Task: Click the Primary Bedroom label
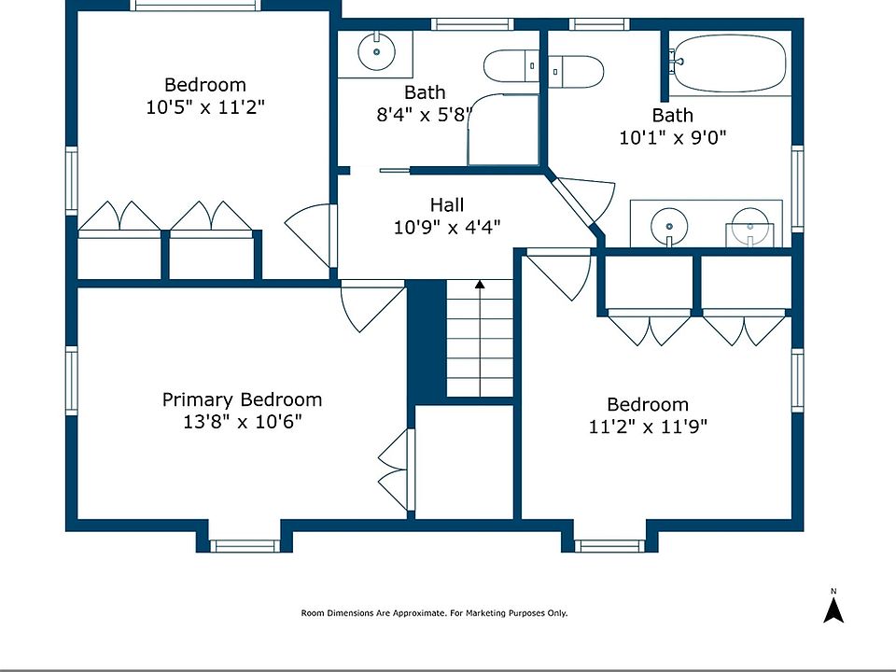click(x=243, y=399)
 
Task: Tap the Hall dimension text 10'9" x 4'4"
click(x=447, y=228)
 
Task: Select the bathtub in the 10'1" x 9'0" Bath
click(x=728, y=63)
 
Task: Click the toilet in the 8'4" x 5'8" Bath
click(x=511, y=66)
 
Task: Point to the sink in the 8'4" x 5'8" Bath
click(x=376, y=51)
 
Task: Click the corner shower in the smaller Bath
click(x=503, y=131)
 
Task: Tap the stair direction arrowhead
click(x=480, y=284)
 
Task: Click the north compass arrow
click(x=833, y=609)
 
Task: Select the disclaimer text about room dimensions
click(x=434, y=613)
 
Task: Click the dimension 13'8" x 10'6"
click(x=243, y=422)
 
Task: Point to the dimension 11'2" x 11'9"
click(x=648, y=427)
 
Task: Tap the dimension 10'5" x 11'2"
click(x=205, y=106)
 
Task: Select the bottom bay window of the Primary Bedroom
click(x=245, y=546)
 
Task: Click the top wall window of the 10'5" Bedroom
click(x=195, y=6)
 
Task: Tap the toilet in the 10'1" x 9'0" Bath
click(x=576, y=72)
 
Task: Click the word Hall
click(x=447, y=204)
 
